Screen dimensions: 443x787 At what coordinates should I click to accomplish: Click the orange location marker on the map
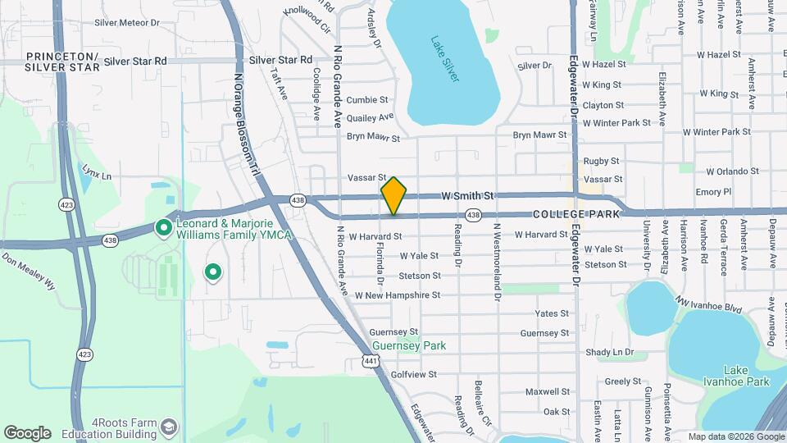click(394, 195)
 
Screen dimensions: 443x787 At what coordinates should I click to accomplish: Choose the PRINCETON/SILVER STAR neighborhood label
click(62, 61)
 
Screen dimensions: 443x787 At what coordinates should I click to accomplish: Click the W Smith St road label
click(467, 196)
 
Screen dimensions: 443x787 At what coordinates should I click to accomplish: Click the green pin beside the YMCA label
click(163, 227)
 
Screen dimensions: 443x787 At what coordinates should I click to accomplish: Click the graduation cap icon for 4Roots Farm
click(168, 427)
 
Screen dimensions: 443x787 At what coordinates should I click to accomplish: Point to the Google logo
click(27, 432)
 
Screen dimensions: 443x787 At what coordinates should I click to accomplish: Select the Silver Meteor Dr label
click(127, 22)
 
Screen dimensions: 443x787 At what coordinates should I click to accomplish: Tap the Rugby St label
click(601, 162)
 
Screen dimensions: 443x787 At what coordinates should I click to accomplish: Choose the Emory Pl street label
click(712, 192)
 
